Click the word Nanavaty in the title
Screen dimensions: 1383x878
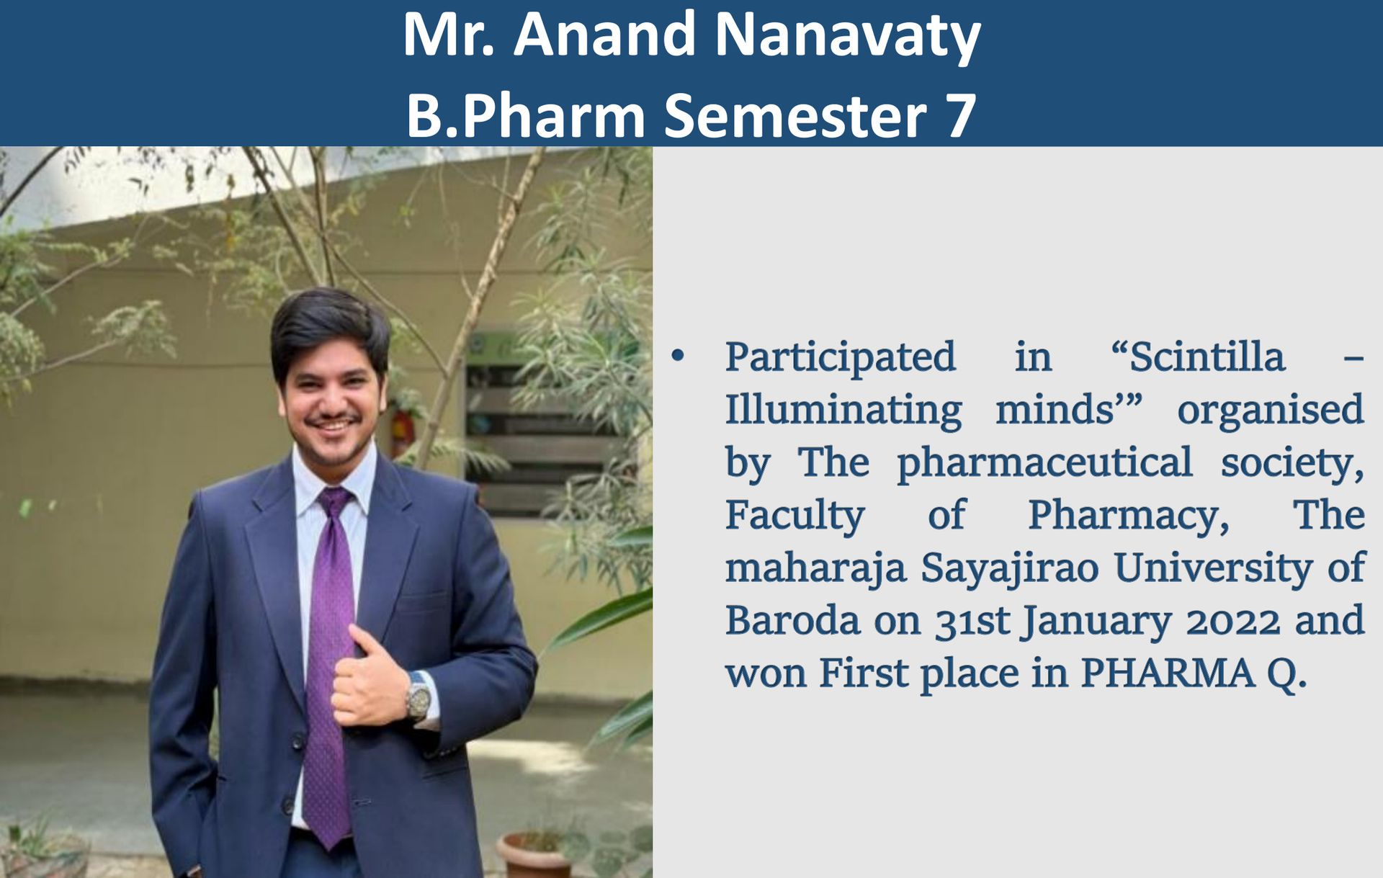click(847, 36)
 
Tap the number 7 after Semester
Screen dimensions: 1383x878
click(961, 116)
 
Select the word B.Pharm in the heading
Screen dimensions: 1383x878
click(526, 116)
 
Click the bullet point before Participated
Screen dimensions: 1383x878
click(678, 355)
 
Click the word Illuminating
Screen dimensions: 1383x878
click(843, 410)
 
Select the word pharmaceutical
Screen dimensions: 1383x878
click(1044, 462)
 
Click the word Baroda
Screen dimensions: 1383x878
click(792, 620)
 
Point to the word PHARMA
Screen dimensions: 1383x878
click(1168, 673)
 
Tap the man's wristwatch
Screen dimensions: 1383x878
click(418, 696)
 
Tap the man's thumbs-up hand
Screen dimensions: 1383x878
click(370, 677)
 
